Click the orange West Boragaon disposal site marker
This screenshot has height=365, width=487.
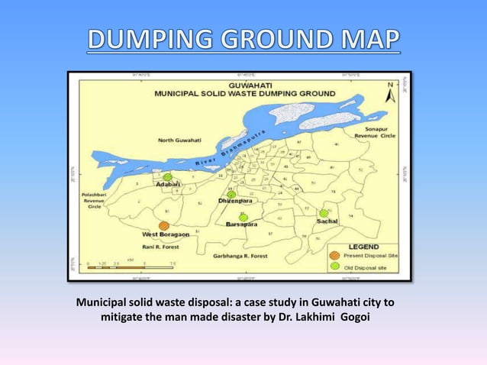[163, 226]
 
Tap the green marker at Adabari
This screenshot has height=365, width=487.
[167, 176]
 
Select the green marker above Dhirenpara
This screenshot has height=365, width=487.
[231, 195]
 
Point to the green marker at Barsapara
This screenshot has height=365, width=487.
[243, 218]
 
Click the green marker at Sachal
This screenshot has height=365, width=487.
[324, 213]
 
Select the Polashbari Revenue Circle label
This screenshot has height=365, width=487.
[95, 200]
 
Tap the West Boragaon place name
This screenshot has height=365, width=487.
[161, 236]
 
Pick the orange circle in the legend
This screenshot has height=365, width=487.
[334, 255]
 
